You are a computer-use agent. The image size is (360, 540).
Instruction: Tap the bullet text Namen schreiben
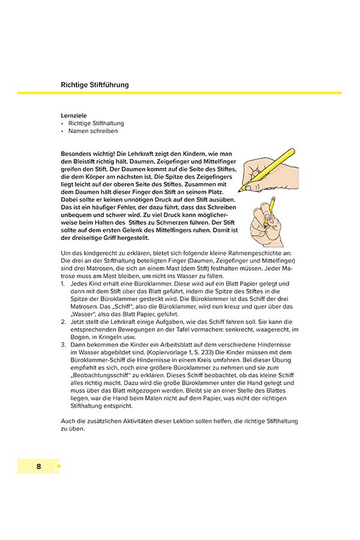[93, 131]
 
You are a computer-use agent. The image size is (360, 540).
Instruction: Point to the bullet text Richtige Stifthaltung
[96, 123]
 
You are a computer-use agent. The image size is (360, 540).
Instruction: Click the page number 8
[38, 466]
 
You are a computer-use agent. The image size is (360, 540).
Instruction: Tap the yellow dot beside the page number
[58, 466]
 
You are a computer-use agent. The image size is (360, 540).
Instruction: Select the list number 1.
[64, 283]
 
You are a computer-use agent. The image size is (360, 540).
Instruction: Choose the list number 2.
[64, 322]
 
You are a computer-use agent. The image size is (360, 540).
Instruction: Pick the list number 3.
[64, 345]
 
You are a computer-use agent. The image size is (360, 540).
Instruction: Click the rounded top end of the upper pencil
[292, 150]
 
